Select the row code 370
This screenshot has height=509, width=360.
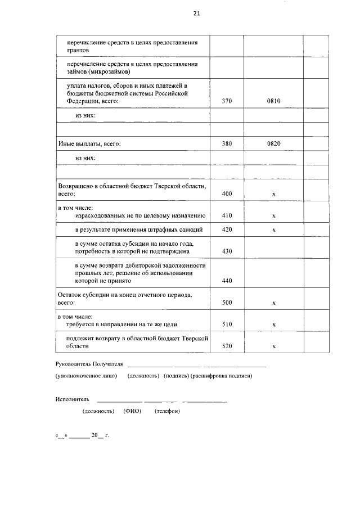(227, 101)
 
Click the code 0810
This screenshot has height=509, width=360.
(273, 101)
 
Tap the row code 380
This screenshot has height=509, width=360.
(227, 143)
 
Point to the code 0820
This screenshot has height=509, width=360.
(273, 143)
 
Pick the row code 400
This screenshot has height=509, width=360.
(227, 193)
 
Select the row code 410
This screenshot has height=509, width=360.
(227, 215)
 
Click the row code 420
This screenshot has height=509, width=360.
(227, 230)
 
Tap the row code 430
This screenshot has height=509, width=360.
(227, 251)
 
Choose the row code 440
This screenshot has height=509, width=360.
(227, 280)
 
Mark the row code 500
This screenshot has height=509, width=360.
(227, 303)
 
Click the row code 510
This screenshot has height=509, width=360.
(227, 325)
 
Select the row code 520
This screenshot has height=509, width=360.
(227, 346)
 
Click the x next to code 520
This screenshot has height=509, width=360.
(273, 346)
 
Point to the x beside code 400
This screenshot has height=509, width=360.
(273, 194)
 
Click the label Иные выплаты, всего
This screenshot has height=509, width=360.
(89, 143)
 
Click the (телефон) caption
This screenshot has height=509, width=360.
(167, 411)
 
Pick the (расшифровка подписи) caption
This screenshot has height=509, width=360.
(221, 376)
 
